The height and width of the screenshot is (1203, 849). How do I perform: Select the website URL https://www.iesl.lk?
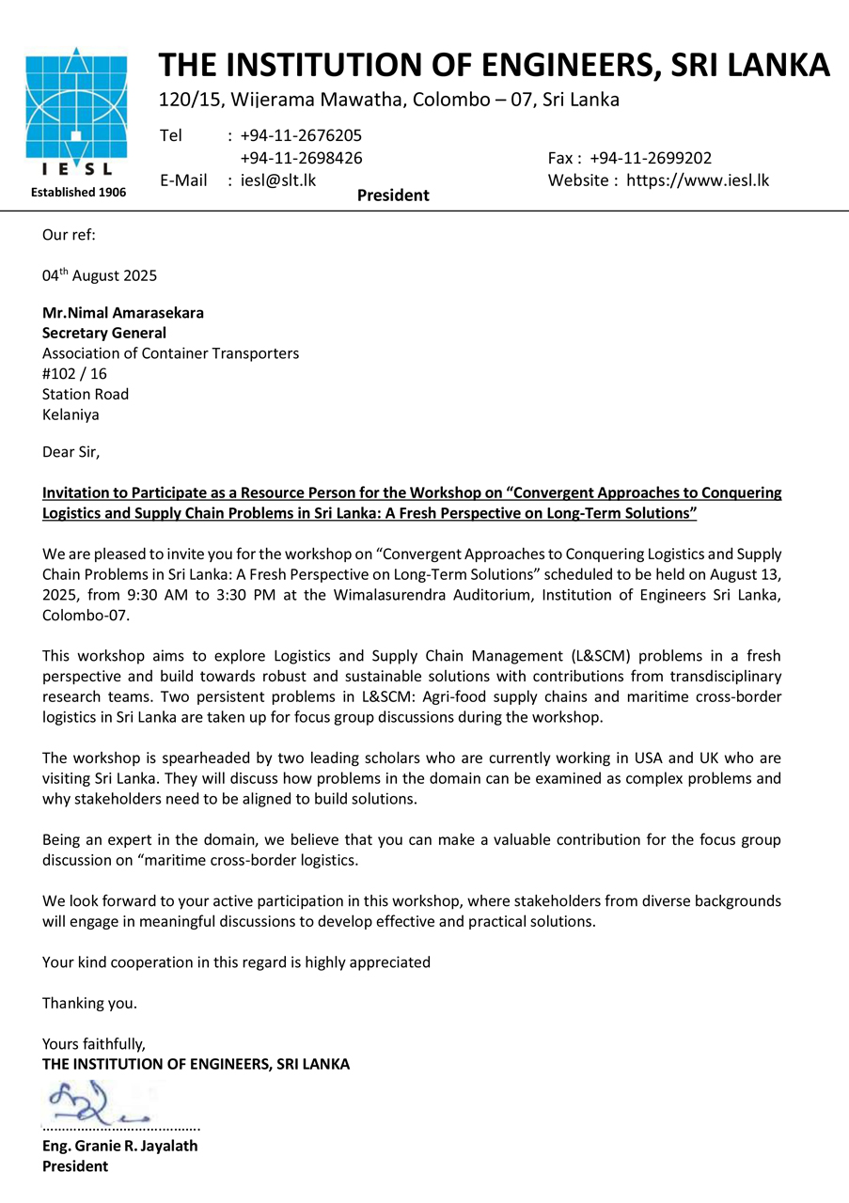pos(698,180)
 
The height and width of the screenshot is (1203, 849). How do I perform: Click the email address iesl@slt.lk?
pos(278,180)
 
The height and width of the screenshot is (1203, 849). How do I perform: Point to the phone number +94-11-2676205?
pos(301,135)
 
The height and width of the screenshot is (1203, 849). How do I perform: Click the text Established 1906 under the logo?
pos(78,192)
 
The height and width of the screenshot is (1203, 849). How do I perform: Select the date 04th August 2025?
pos(100,276)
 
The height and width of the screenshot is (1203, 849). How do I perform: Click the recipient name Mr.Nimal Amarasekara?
pos(122,313)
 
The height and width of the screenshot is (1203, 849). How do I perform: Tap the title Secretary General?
pos(104,333)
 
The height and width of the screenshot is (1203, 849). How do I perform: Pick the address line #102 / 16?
pos(75,374)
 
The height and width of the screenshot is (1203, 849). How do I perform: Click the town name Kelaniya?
pos(71,414)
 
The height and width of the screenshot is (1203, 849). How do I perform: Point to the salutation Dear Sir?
pos(71,452)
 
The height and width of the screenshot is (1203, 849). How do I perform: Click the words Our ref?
pos(69,234)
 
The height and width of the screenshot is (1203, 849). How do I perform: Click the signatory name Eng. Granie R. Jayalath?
pos(120,1146)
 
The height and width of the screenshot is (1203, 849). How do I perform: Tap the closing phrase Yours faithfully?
pos(94,1043)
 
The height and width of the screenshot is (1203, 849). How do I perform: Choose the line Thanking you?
pos(89,1003)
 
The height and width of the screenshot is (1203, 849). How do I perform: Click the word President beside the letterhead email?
pos(393,195)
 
